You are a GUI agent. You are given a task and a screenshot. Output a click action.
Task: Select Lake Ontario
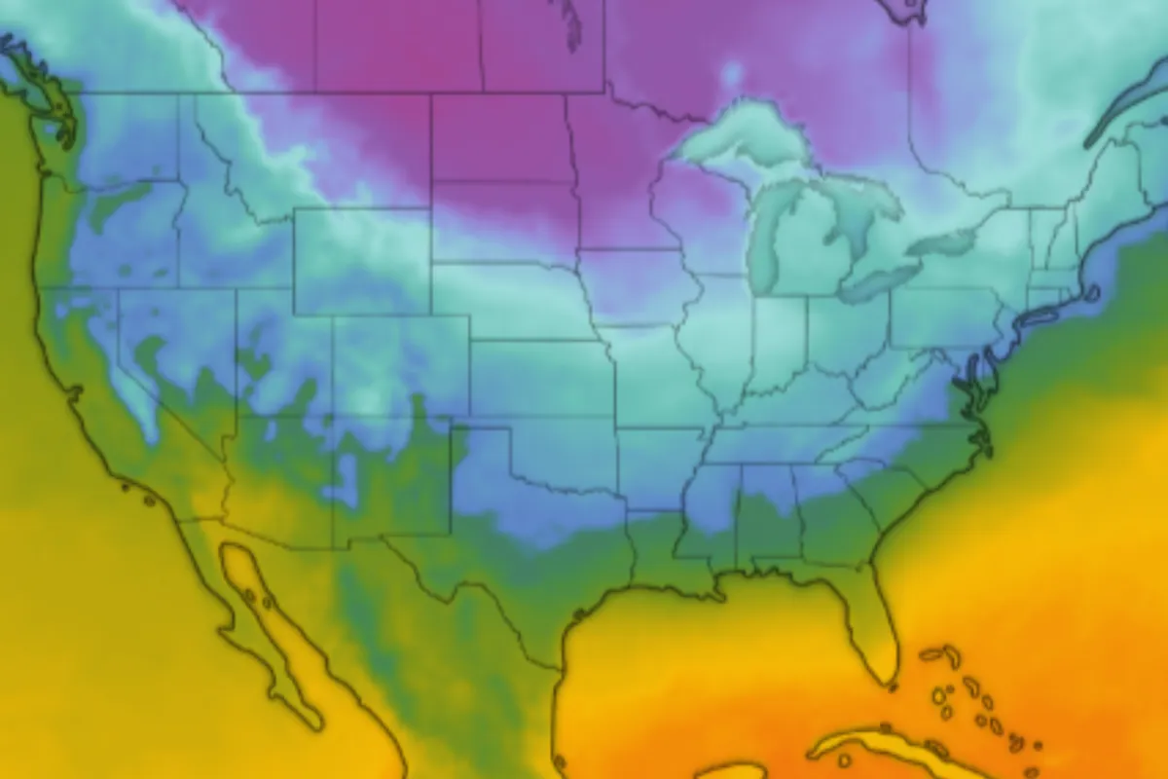pyautogui.click(x=940, y=241)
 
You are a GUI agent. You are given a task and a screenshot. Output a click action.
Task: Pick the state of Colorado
pyautogui.click(x=400, y=365)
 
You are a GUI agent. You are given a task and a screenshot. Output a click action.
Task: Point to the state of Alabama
pyautogui.click(x=769, y=516)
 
